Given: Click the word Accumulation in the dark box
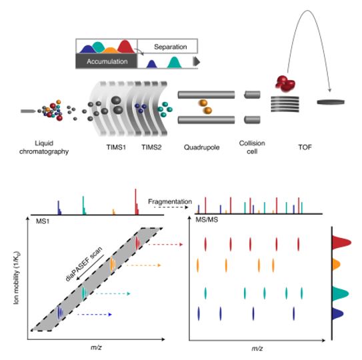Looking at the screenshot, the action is click(x=107, y=61).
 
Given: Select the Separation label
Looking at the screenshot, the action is click(x=171, y=47).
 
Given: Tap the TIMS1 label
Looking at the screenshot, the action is click(x=116, y=147).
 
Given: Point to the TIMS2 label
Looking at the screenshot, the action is click(x=151, y=147).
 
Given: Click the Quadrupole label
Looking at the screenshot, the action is click(x=201, y=147).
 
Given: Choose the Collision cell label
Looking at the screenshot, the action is click(x=252, y=147).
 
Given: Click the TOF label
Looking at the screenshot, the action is click(x=305, y=147).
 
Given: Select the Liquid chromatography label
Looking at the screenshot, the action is click(x=44, y=147).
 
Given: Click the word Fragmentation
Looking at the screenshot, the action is click(x=170, y=201).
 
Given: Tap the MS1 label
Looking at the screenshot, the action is click(x=43, y=221).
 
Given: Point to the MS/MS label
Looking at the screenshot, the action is click(x=207, y=219).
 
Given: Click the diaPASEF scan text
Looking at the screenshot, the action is click(x=84, y=264).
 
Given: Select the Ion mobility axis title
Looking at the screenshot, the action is click(x=17, y=277).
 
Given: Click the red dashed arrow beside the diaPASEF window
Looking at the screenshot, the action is click(x=165, y=244).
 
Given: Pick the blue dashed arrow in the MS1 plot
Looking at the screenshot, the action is click(x=95, y=314).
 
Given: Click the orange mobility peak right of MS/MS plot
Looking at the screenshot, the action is click(x=336, y=264).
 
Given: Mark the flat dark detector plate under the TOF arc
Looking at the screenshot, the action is click(x=331, y=102).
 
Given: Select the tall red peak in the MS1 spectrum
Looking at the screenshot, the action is click(x=136, y=201).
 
